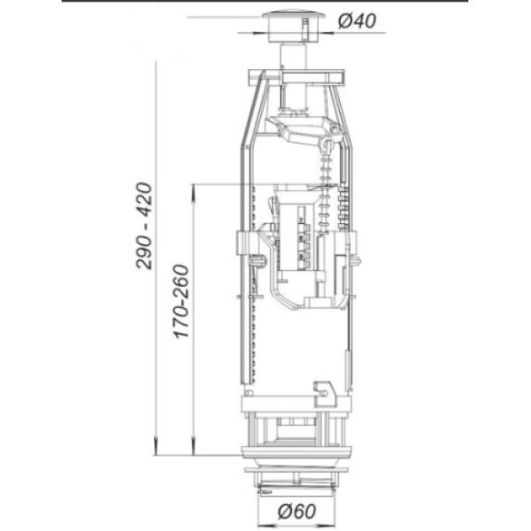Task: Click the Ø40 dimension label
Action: pos(357,21)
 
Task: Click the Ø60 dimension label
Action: pos(296,511)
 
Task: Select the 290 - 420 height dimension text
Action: pos(144,226)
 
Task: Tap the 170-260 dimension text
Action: pos(181,302)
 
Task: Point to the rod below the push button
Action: pos(294,57)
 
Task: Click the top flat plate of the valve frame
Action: pos(296,76)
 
